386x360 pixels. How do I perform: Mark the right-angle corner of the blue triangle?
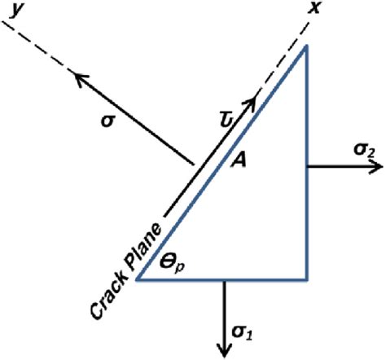click(306, 279)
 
